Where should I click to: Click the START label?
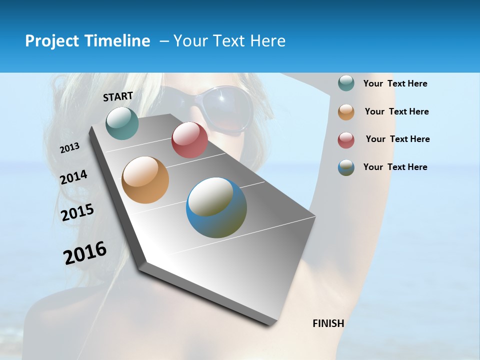click(118, 96)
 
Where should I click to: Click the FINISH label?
click(328, 323)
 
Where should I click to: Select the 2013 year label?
click(69, 148)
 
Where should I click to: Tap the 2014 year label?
click(73, 177)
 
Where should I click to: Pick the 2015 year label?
click(77, 212)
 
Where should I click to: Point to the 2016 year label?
click(85, 252)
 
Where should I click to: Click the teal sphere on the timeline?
click(122, 123)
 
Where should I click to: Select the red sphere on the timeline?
click(189, 140)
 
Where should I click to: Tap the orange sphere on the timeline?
click(145, 180)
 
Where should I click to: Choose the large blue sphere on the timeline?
click(216, 207)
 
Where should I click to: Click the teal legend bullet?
click(346, 83)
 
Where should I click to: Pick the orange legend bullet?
click(346, 112)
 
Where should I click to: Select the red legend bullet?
click(346, 140)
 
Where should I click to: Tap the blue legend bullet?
click(346, 167)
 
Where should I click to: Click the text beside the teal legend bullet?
click(395, 84)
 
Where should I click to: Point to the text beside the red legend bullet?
click(397, 139)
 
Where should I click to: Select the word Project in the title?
click(51, 41)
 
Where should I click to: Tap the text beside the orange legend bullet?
click(396, 111)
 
